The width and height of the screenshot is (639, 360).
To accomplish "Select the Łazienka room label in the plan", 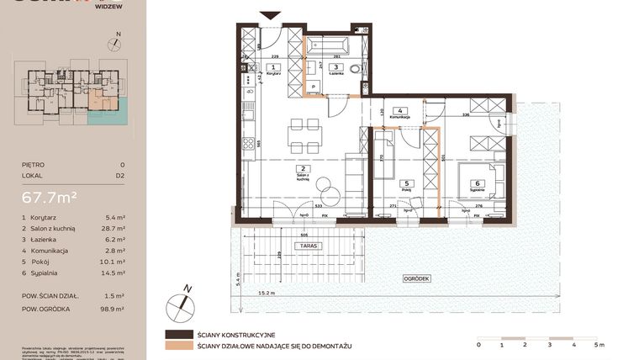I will coord(335,71).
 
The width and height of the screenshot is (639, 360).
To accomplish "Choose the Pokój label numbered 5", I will coord(406,187).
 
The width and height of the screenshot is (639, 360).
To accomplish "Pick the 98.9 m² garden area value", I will coord(113,310).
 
